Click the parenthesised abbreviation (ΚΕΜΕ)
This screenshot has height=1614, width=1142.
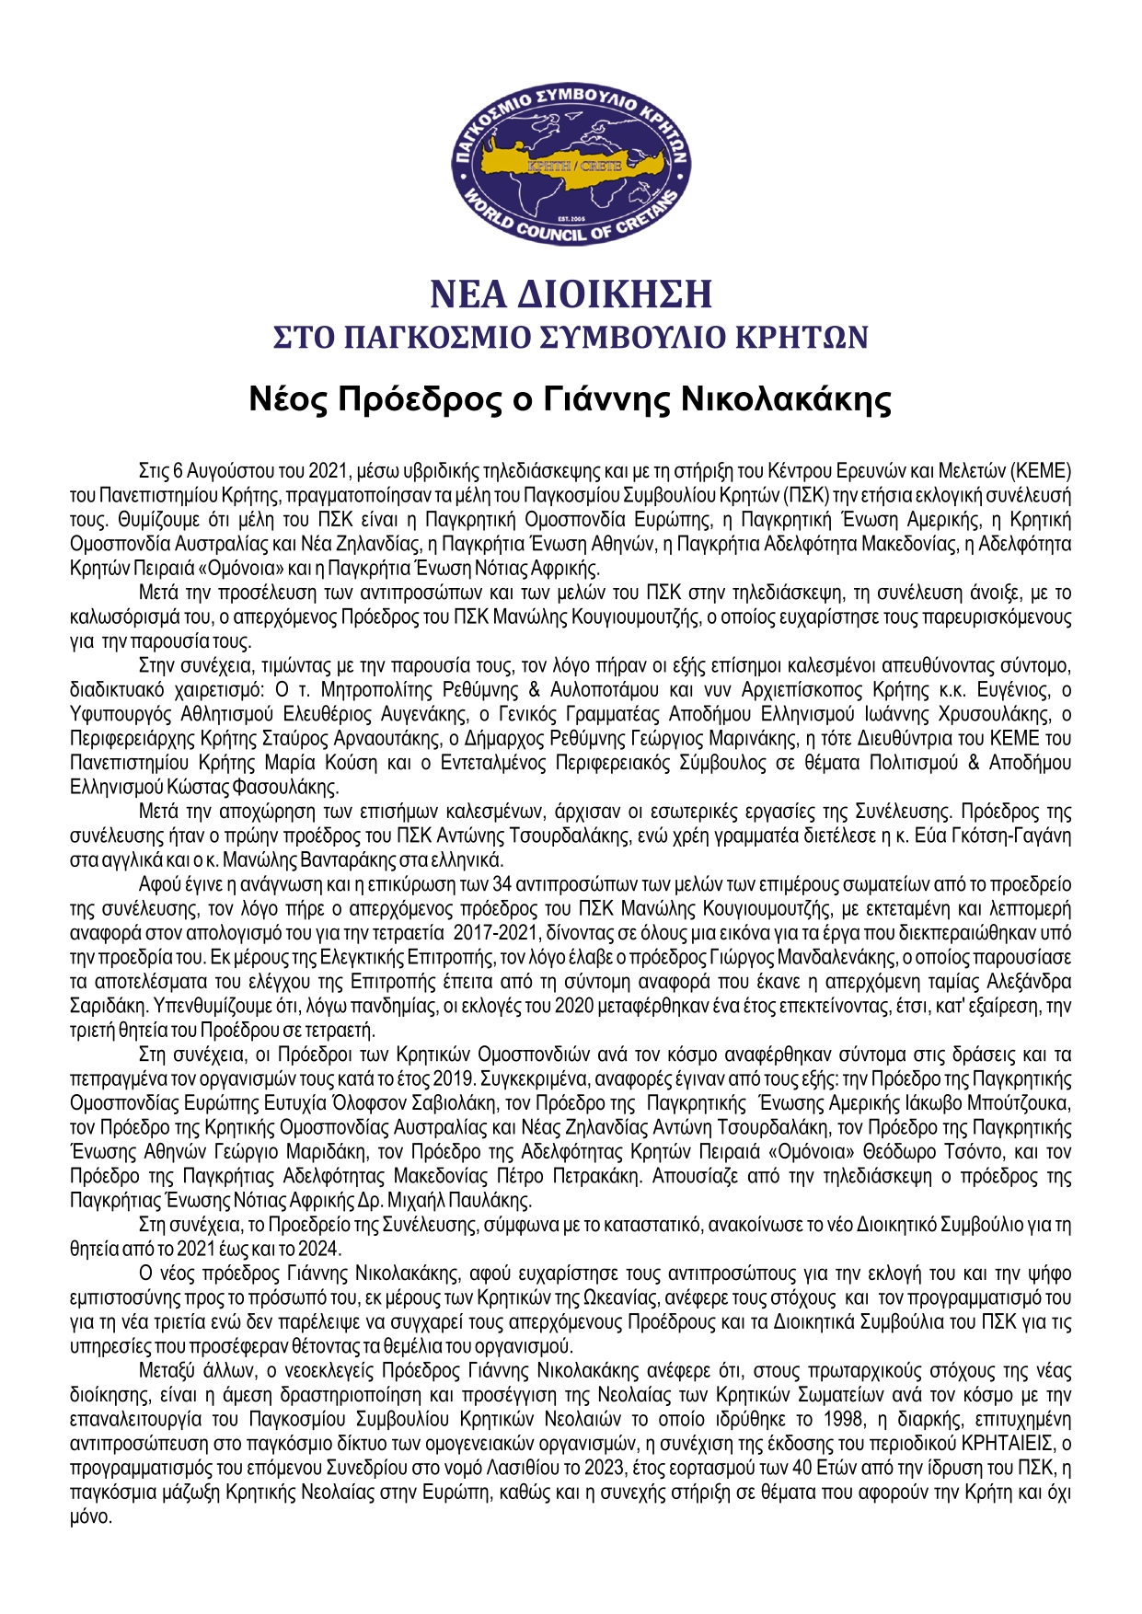(1041, 471)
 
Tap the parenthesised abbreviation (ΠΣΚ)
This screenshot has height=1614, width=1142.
(806, 495)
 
